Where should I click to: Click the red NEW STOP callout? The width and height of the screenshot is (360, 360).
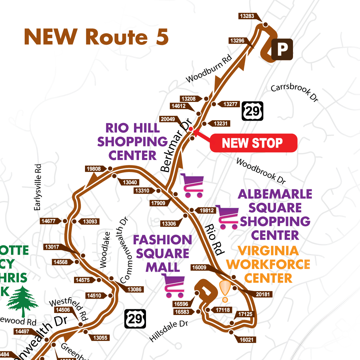pyautogui.click(x=253, y=143)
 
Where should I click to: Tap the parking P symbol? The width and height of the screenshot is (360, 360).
pyautogui.click(x=282, y=50)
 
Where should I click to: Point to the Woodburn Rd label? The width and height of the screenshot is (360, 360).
pyautogui.click(x=209, y=69)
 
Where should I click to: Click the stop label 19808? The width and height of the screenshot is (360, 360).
pyautogui.click(x=94, y=169)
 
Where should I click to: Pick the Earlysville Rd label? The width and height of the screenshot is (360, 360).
pyautogui.click(x=38, y=187)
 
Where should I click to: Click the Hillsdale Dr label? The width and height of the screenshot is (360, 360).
pyautogui.click(x=169, y=331)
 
